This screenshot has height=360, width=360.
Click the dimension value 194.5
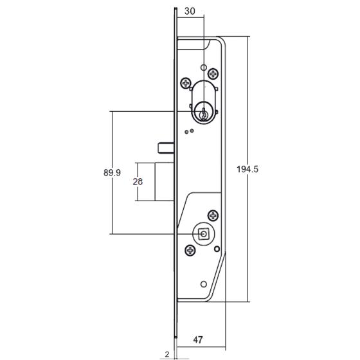(248, 169)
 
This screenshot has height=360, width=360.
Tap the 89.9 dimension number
(112, 172)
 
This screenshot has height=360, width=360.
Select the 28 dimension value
(138, 181)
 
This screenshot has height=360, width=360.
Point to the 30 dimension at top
(190, 11)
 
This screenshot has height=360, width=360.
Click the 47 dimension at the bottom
(198, 340)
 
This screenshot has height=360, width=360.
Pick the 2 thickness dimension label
(167, 354)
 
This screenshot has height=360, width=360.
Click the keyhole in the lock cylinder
(203, 114)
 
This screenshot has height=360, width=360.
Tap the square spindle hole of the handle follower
(203, 234)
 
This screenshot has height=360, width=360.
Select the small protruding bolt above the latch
(166, 147)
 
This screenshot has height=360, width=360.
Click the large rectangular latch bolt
(165, 181)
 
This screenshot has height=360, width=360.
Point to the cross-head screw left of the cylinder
(186, 83)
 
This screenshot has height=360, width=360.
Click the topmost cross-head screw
(213, 74)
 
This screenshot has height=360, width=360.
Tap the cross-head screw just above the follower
(213, 215)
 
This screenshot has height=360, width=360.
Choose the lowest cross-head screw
(190, 250)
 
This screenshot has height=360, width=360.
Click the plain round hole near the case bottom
(204, 284)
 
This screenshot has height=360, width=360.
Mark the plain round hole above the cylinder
(204, 67)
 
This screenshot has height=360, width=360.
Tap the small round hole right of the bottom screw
(217, 249)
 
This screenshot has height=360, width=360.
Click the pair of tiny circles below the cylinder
(189, 131)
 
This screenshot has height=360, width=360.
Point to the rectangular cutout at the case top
(194, 44)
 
